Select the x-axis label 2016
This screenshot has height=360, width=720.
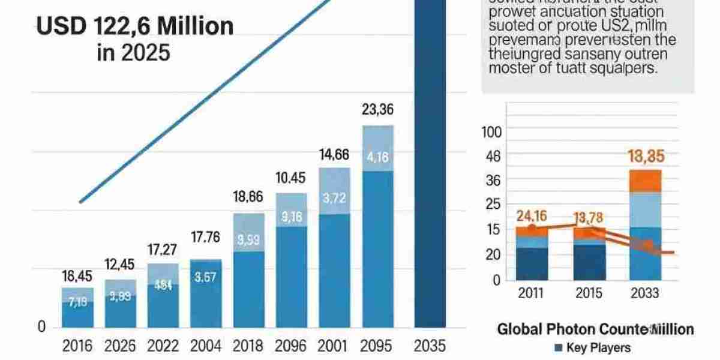click(77, 346)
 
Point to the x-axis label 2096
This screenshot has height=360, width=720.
click(290, 346)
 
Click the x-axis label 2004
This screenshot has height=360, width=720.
click(205, 346)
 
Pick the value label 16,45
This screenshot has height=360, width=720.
click(77, 275)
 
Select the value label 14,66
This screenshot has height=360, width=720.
click(334, 155)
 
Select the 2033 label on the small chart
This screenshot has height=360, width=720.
click(645, 294)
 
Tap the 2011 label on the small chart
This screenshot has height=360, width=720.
click(531, 294)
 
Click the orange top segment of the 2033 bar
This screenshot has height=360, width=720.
click(645, 181)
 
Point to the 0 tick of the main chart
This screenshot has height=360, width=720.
click(41, 327)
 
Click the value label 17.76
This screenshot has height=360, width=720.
click(206, 238)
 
